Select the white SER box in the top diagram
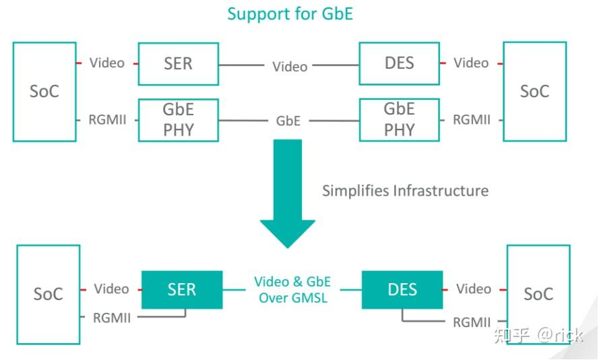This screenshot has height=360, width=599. point(178,64)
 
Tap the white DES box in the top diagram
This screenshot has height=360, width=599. point(399,64)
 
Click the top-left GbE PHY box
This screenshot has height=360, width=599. point(178,119)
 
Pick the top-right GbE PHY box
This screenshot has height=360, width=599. point(399,119)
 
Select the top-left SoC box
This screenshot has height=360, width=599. point(44,92)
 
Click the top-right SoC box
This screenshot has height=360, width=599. point(534,92)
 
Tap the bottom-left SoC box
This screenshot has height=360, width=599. point(48,295)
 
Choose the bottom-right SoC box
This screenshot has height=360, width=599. point(538,295)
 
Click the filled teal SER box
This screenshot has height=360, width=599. point(181,290)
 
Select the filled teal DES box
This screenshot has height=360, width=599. point(402,290)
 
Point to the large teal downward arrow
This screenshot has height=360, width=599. point(288,192)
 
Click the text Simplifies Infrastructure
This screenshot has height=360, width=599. point(405,191)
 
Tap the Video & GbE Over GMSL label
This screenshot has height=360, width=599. point(292,289)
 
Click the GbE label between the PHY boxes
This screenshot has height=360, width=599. point(288,121)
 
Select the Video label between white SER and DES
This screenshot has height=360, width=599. point(290,67)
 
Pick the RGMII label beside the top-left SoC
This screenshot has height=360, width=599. point(107,121)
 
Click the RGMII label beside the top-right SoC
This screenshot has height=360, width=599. point(472,120)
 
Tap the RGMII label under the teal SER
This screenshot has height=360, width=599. point(112,318)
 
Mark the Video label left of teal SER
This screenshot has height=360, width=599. point(111,289)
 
